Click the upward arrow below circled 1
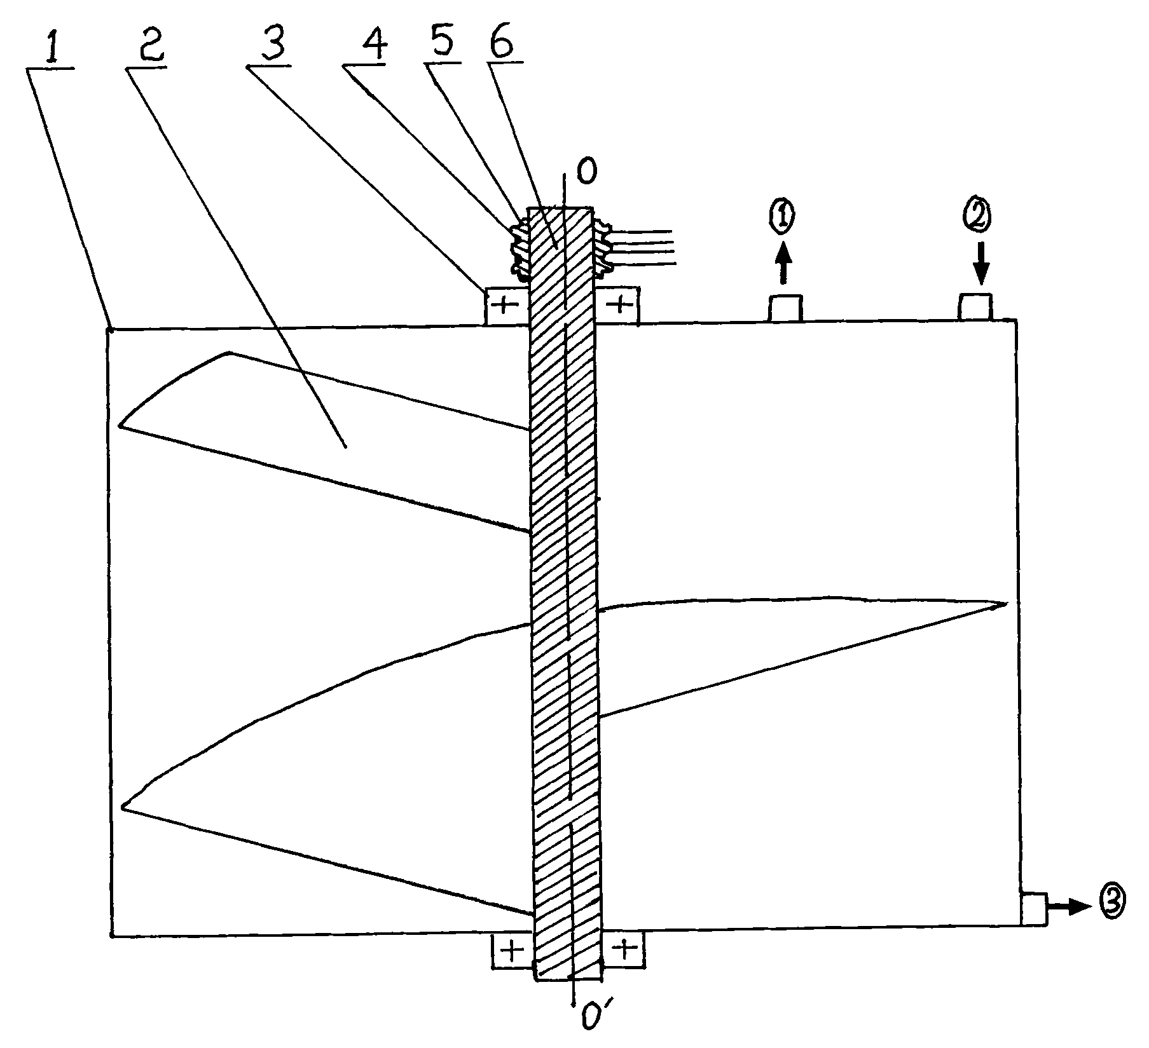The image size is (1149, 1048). [x=783, y=264]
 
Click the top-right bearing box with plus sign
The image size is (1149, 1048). [x=618, y=306]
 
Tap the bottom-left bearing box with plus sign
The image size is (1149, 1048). [x=512, y=950]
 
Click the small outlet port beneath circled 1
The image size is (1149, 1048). [x=785, y=309]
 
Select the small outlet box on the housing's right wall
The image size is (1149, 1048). [x=1033, y=909]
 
